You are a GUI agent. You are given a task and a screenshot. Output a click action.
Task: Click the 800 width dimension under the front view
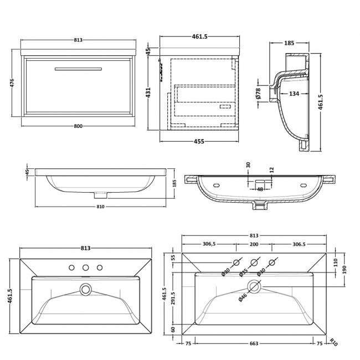coord(78,126)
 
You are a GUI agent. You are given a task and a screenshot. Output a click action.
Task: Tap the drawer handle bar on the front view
coord(78,69)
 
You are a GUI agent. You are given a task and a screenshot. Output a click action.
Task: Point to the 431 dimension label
coord(148,92)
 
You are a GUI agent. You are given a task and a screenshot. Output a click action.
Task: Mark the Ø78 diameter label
coord(259,94)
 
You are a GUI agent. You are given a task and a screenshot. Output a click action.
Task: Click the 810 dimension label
coord(101,207)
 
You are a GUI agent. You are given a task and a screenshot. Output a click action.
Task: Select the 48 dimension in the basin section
coord(259,189)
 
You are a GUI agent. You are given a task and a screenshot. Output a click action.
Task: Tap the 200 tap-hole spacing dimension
coord(254,245)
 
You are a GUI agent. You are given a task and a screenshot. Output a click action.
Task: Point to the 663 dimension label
coord(253,344)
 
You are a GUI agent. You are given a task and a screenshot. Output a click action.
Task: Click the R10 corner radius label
coord(332,343)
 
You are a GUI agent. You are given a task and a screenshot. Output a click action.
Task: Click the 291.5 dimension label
coord(173,299)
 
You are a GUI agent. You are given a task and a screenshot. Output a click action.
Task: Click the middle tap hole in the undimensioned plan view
coord(85,269)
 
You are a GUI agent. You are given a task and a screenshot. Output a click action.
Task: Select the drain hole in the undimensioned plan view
coord(85,289)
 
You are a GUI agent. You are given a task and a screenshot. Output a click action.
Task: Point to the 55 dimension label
coord(173,258)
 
